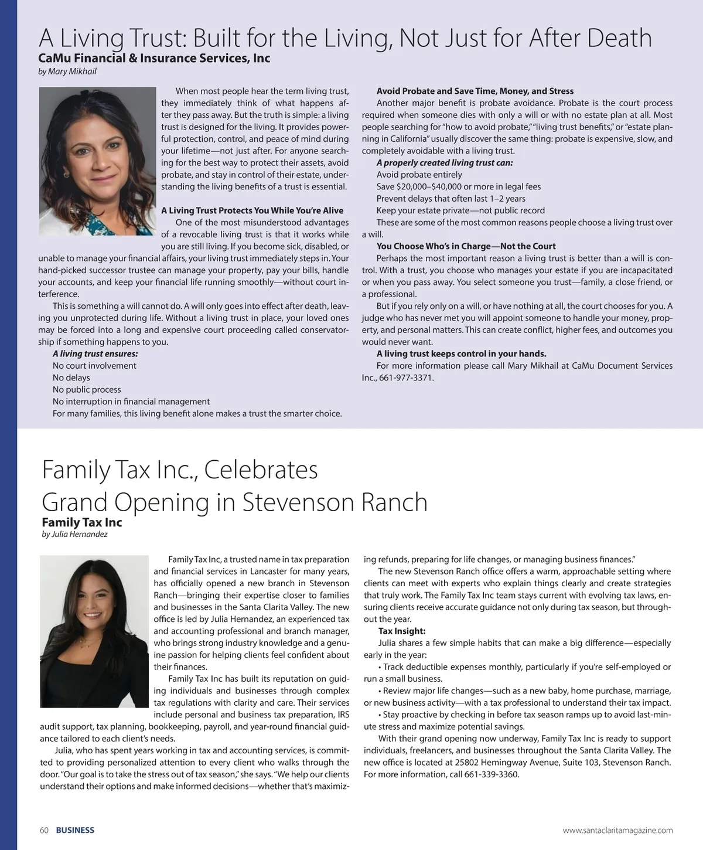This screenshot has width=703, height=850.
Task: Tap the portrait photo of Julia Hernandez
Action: coord(94,631)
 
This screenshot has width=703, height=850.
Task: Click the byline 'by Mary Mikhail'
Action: coord(67,72)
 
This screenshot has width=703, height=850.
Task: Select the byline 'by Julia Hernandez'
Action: coord(75,534)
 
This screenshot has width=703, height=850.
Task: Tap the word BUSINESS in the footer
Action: coord(75,830)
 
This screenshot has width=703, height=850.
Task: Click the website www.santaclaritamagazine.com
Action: coord(617,830)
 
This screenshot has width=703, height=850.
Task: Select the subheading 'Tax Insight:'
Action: coord(402,631)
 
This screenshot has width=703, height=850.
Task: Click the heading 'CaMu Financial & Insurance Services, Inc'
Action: coord(154,58)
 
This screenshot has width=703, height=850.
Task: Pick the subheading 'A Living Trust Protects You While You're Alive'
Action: coord(252,210)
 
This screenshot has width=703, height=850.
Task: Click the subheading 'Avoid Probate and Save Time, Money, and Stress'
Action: coord(475,91)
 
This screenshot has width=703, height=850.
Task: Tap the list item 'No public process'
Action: coord(87,390)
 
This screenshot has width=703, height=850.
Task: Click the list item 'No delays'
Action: coord(71,378)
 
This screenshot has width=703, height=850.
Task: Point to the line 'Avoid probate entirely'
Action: coord(419,175)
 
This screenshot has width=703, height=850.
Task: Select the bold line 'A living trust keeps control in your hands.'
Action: coord(462,353)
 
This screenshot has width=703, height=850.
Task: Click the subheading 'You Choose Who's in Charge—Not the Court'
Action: coord(466,246)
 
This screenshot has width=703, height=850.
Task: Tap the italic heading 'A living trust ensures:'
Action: coord(95,353)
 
